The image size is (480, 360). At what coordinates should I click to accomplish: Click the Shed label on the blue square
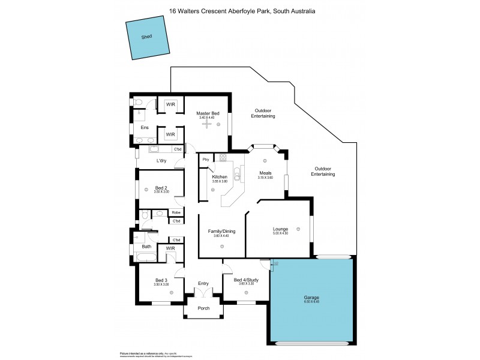click(146, 37)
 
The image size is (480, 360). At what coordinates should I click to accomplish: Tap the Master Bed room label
click(206, 113)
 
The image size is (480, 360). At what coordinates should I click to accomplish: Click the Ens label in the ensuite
click(145, 127)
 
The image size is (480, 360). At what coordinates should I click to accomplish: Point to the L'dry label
click(161, 161)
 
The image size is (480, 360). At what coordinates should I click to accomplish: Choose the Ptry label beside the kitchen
click(206, 159)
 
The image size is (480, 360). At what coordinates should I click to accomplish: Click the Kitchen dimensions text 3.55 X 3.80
click(219, 182)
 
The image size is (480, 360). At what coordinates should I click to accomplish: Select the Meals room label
click(265, 173)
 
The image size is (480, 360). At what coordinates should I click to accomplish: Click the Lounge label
click(280, 229)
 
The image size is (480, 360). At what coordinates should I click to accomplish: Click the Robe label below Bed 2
click(176, 212)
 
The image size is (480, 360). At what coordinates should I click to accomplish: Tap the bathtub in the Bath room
click(146, 259)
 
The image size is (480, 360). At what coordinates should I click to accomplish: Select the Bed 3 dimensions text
click(161, 284)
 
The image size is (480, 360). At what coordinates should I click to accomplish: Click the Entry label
click(204, 283)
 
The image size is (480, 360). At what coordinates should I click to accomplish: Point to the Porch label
click(204, 310)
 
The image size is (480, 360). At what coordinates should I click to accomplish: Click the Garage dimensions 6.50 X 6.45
click(310, 302)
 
